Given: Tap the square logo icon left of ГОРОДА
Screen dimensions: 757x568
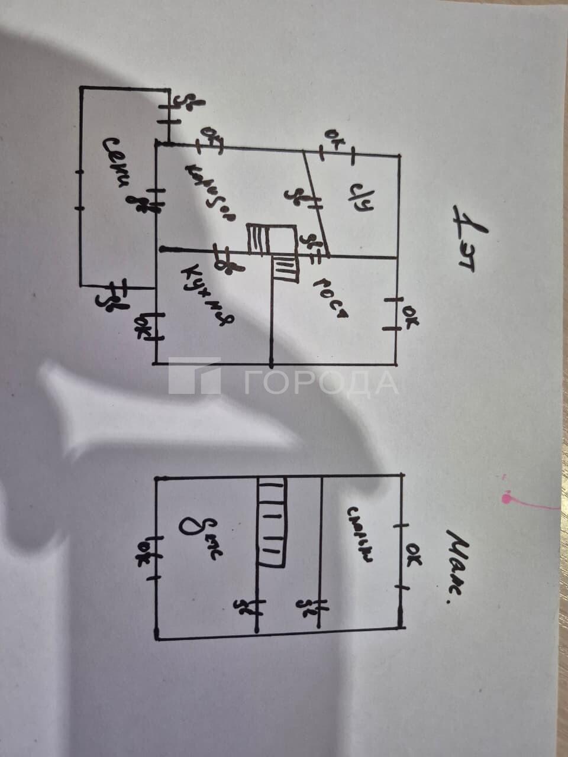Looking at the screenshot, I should coord(194,376).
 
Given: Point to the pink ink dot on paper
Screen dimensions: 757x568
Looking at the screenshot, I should coord(506,499).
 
